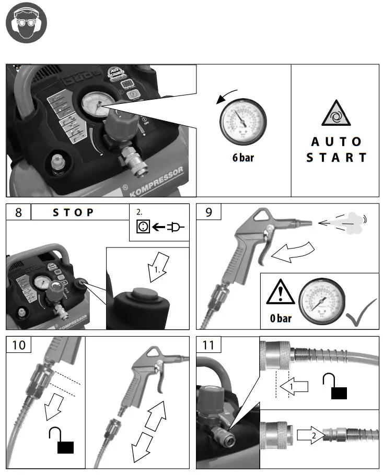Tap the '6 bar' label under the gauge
243,158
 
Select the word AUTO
336,141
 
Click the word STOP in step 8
74,212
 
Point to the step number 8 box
18,212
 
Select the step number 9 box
208,212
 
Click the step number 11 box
208,345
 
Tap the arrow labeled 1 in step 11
292,387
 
